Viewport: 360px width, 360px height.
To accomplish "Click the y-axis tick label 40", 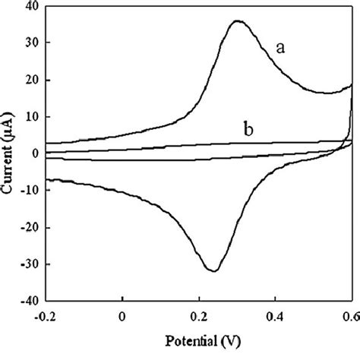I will point(33,6).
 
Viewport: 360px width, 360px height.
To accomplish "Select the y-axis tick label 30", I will point(33,43).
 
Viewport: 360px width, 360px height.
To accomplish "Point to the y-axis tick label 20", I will point(33,80).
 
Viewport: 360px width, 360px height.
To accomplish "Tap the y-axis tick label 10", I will point(33,117).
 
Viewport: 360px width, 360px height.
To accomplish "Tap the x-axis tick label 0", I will point(122,313).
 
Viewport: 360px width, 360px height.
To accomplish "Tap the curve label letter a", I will point(279,49).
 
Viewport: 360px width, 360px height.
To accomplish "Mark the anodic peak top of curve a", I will point(237,21).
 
